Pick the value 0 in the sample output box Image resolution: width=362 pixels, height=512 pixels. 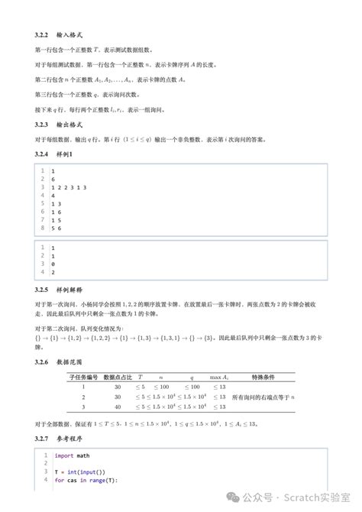pyautogui.click(x=53, y=264)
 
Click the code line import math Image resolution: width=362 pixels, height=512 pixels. pyautogui.click(x=72, y=455)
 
